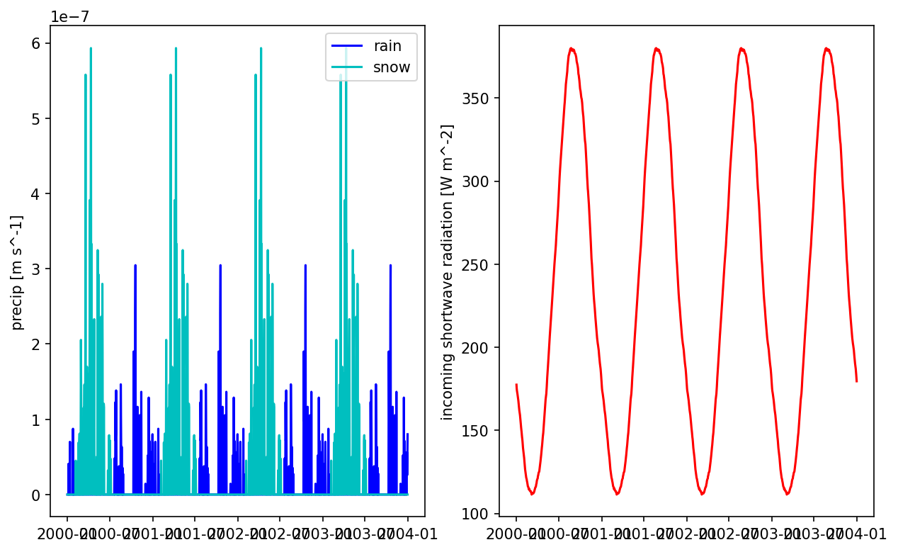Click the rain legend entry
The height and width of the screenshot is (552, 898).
tap(387, 47)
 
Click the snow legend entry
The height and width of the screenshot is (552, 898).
tap(391, 68)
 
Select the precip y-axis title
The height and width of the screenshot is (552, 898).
tap(18, 272)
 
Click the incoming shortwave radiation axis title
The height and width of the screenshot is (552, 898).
tap(447, 272)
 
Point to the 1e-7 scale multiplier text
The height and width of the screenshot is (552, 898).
tap(70, 16)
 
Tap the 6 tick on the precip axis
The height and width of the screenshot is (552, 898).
tap(36, 43)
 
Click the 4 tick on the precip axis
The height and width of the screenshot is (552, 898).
tap(36, 194)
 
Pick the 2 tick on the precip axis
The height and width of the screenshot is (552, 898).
tap(36, 344)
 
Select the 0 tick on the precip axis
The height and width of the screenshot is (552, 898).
tap(36, 495)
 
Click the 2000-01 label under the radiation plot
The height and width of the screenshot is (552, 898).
tap(516, 533)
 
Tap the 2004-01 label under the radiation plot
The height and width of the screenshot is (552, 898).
tap(856, 533)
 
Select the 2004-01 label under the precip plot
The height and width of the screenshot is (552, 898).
tap(407, 533)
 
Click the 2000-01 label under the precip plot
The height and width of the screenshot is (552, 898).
tap(67, 533)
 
